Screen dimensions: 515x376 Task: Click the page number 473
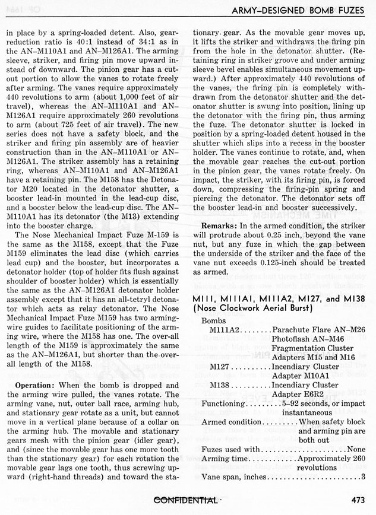[359, 500]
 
